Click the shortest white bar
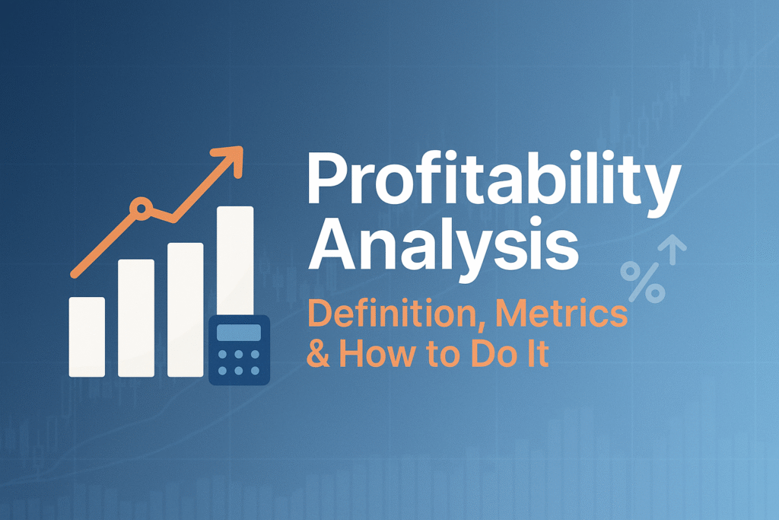pyautogui.click(x=87, y=336)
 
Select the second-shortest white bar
pyautogui.click(x=136, y=317)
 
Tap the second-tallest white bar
pyautogui.click(x=186, y=308)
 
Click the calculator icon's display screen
pyautogui.click(x=239, y=333)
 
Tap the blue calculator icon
pyautogui.click(x=239, y=349)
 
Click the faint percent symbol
pyautogui.click(x=642, y=283)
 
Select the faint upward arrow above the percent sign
pyautogui.click(x=672, y=249)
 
